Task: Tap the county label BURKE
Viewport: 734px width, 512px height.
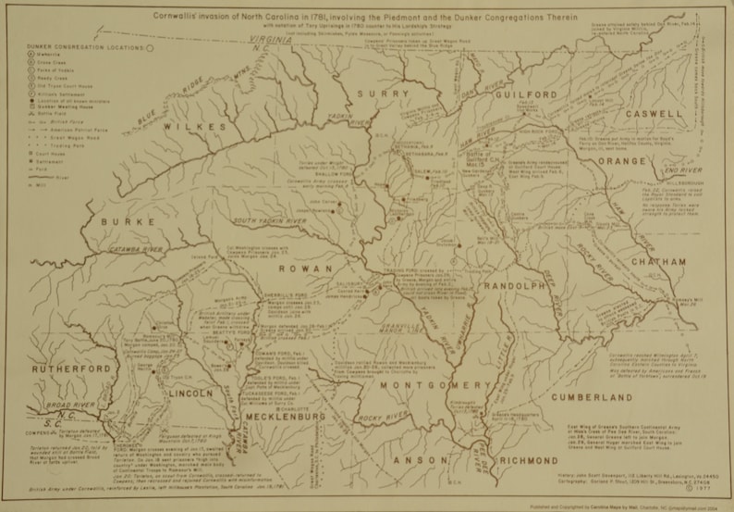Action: (x=123, y=222)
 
